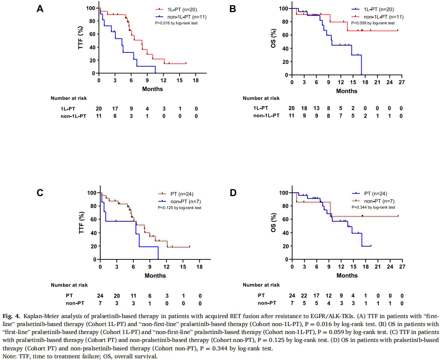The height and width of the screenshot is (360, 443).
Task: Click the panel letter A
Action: tap(40, 8)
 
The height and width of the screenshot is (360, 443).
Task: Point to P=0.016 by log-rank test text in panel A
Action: tap(176, 23)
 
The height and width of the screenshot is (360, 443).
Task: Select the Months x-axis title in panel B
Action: tap(347, 91)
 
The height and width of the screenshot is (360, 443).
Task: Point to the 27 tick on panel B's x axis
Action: tap(401, 83)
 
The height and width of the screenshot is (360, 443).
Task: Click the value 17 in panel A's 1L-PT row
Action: tap(115, 108)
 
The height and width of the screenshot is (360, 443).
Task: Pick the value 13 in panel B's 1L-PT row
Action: tap(317, 108)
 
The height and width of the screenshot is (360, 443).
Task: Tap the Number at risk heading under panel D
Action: tap(261, 285)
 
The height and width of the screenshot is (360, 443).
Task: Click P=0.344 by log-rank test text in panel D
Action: tap(373, 207)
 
